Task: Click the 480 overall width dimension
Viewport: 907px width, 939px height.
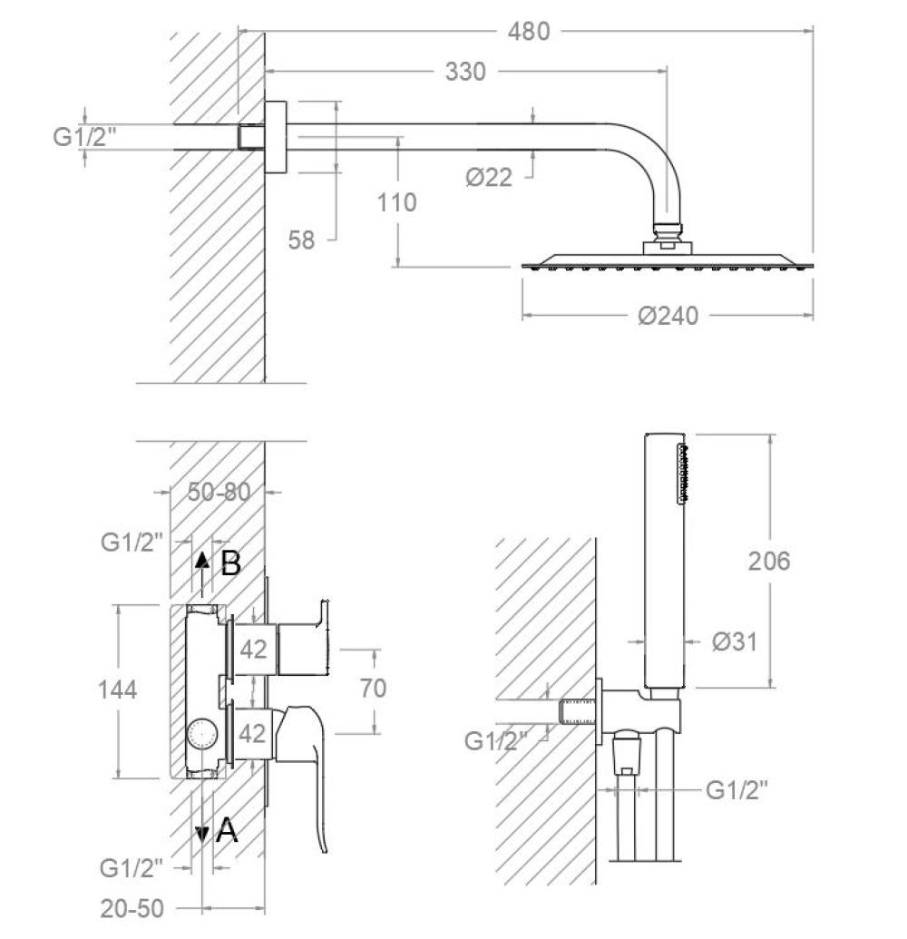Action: click(x=529, y=31)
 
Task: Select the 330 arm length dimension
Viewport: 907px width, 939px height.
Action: click(x=465, y=71)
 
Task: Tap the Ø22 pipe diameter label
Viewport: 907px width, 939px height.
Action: click(x=490, y=178)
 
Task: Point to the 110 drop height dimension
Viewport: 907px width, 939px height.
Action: click(x=397, y=201)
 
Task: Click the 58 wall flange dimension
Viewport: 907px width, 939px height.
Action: click(x=301, y=240)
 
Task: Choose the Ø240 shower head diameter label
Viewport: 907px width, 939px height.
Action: click(x=668, y=316)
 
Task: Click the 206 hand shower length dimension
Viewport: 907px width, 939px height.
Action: click(x=769, y=561)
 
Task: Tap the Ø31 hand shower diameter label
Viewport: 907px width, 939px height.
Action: click(x=734, y=641)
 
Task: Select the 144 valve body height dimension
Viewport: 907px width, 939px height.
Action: click(x=117, y=690)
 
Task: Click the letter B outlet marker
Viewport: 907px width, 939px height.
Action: click(x=230, y=563)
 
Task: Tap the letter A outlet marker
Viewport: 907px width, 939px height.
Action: click(x=227, y=829)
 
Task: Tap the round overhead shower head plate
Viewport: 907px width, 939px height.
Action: click(x=668, y=264)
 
